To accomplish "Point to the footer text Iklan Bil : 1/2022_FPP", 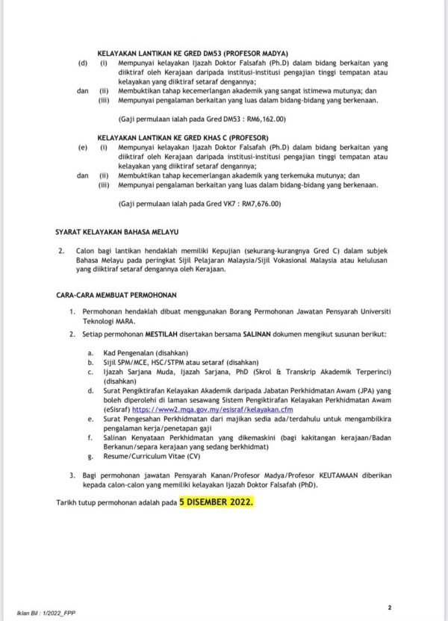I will [82, 613].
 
